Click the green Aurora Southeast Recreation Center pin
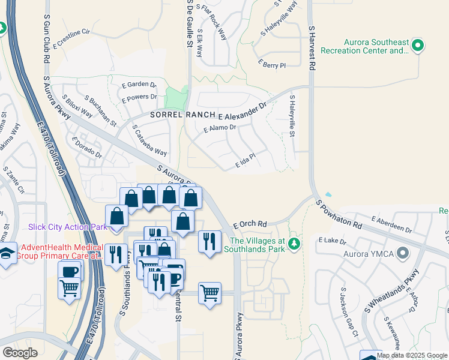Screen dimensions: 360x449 click(419, 46)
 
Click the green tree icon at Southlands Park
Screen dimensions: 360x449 click(294, 244)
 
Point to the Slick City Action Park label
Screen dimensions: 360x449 click(67, 227)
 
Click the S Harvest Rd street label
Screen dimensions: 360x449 click(312, 49)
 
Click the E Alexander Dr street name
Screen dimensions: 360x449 click(242, 112)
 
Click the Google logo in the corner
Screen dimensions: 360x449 click(20, 353)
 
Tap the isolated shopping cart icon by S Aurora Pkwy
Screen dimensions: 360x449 click(209, 293)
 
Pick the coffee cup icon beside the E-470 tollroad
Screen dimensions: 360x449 click(69, 271)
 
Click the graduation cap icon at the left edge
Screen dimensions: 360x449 click(7, 253)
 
